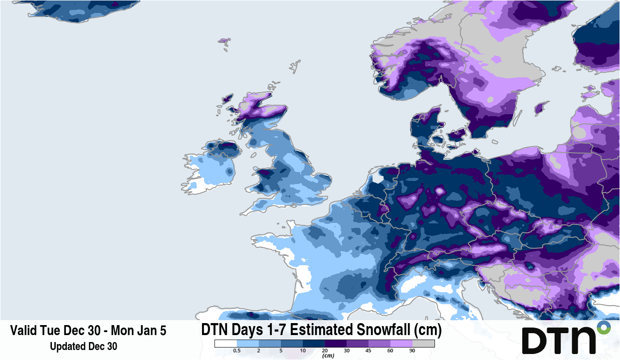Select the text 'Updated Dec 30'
tap(83, 346)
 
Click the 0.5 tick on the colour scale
tap(237, 351)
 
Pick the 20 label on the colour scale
tap(325, 351)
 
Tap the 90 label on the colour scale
tap(413, 351)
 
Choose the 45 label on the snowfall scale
tap(369, 351)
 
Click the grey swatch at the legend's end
tap(423, 344)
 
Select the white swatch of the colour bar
tap(225, 344)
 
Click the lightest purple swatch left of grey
tap(402, 344)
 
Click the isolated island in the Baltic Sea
tap(541, 108)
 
